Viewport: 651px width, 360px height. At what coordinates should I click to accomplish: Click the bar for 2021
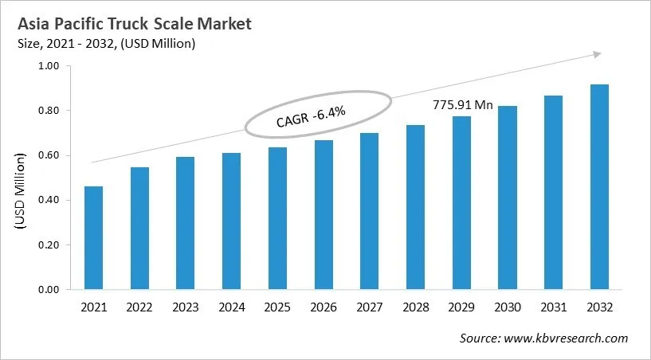click(93, 238)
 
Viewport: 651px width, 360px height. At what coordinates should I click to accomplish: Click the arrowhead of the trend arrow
click(595, 54)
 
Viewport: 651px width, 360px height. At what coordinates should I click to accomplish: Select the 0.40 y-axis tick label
click(49, 201)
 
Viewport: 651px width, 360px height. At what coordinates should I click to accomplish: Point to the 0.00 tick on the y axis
click(49, 290)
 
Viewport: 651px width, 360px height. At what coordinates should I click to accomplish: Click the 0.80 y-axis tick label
click(49, 111)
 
